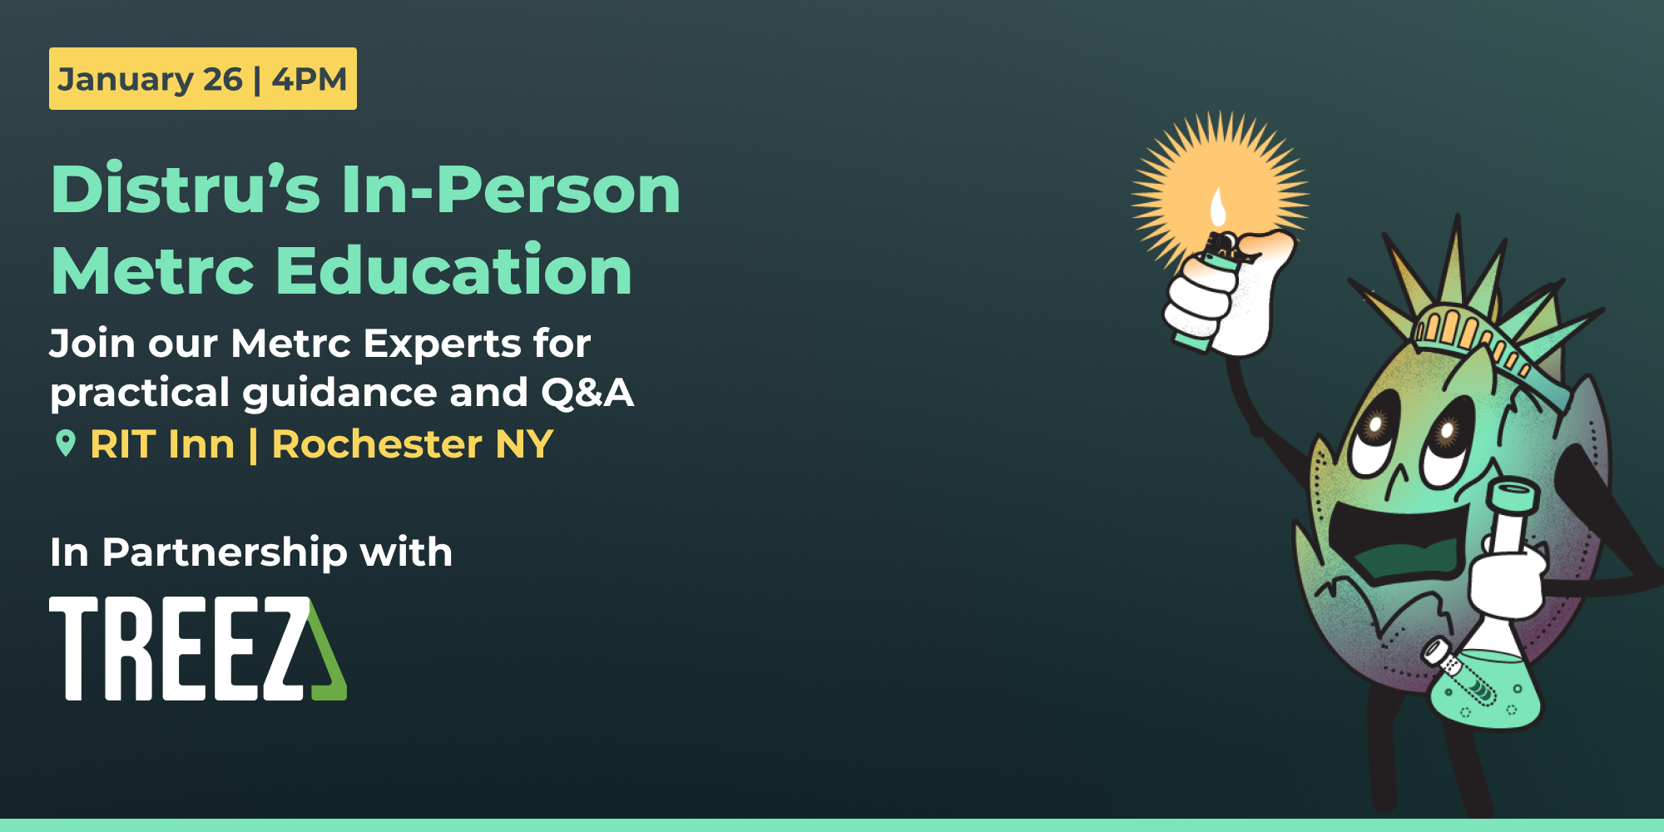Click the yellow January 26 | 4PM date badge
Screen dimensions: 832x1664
(202, 79)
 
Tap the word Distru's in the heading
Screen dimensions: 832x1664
(185, 190)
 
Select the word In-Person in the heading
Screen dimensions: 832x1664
(511, 190)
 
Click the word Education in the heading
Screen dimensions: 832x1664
(453, 270)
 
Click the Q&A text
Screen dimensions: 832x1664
(587, 393)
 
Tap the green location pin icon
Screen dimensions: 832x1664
(65, 443)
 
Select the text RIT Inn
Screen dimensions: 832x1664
(162, 444)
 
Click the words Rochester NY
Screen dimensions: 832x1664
(412, 444)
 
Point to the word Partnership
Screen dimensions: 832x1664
(225, 552)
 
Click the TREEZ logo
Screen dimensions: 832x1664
(197, 649)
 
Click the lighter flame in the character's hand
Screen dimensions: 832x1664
(1218, 208)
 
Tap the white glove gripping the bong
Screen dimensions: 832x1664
(1506, 582)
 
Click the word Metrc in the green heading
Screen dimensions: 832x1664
(152, 270)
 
